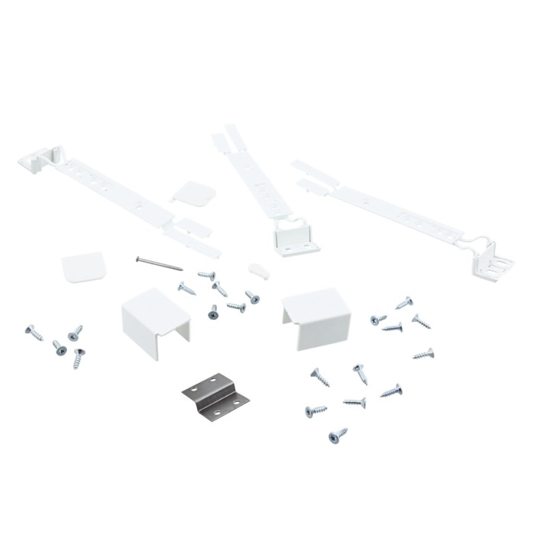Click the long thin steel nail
(158, 263)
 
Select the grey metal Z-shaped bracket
(215, 395)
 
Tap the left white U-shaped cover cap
(154, 318)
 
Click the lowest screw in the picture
(337, 436)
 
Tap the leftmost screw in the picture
(34, 332)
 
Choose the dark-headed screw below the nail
(213, 312)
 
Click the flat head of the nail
(138, 259)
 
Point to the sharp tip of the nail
(182, 270)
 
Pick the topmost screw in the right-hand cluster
(404, 303)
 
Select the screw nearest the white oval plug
(252, 296)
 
